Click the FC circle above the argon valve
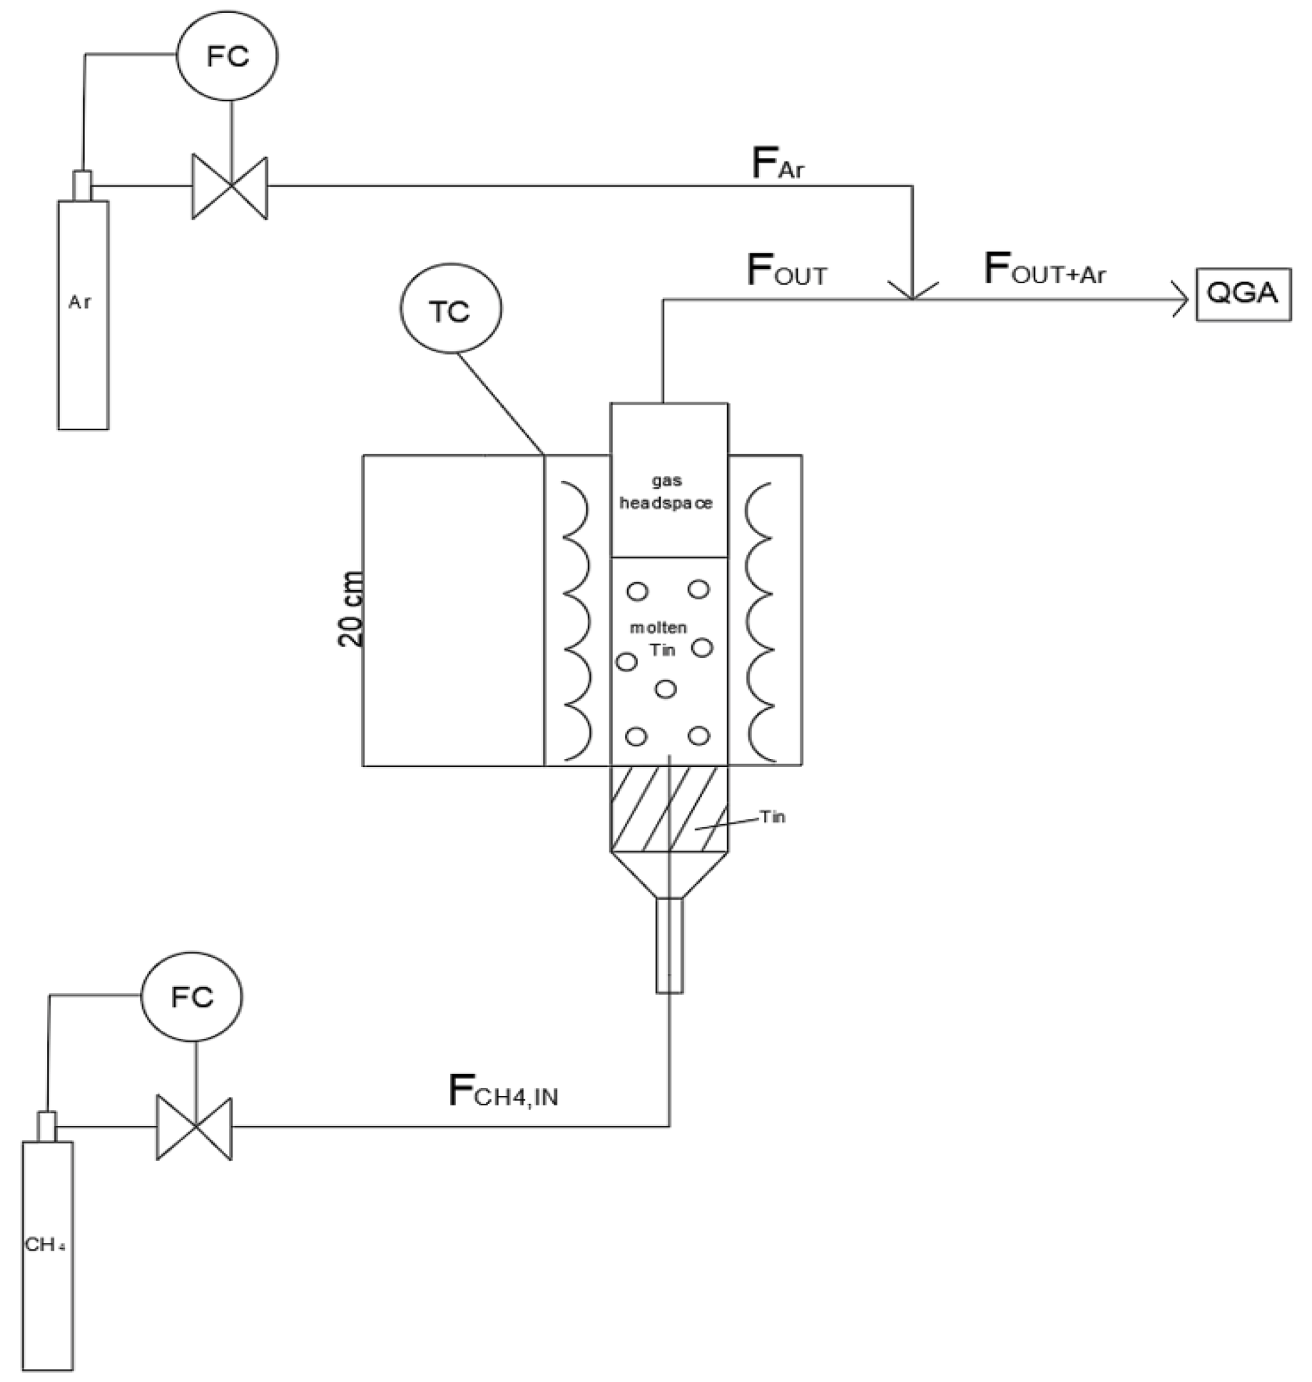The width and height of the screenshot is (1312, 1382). click(227, 56)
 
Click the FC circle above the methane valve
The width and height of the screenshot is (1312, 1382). click(192, 997)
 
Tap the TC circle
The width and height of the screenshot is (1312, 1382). click(451, 310)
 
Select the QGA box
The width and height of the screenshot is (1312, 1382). click(1243, 294)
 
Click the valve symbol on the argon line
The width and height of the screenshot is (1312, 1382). click(230, 187)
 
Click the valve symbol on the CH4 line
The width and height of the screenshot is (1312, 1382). click(194, 1128)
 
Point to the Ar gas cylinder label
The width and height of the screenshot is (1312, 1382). click(80, 303)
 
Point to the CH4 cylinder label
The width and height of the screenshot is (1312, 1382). click(45, 1246)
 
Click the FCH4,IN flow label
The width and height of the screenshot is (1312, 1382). click(503, 1092)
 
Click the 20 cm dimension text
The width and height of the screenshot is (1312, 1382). click(351, 608)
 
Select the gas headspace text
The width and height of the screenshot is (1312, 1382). click(666, 492)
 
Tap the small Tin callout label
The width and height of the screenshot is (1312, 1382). click(773, 817)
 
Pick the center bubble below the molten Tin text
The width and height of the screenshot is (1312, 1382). click(666, 689)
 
